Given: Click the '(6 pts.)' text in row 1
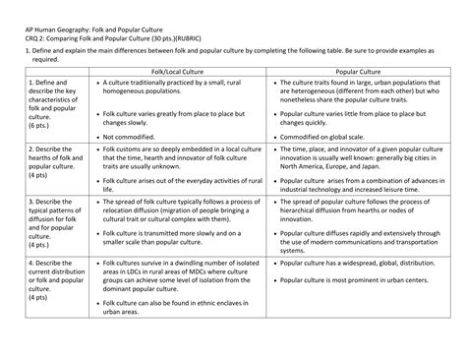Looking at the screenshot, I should [x=40, y=126].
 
